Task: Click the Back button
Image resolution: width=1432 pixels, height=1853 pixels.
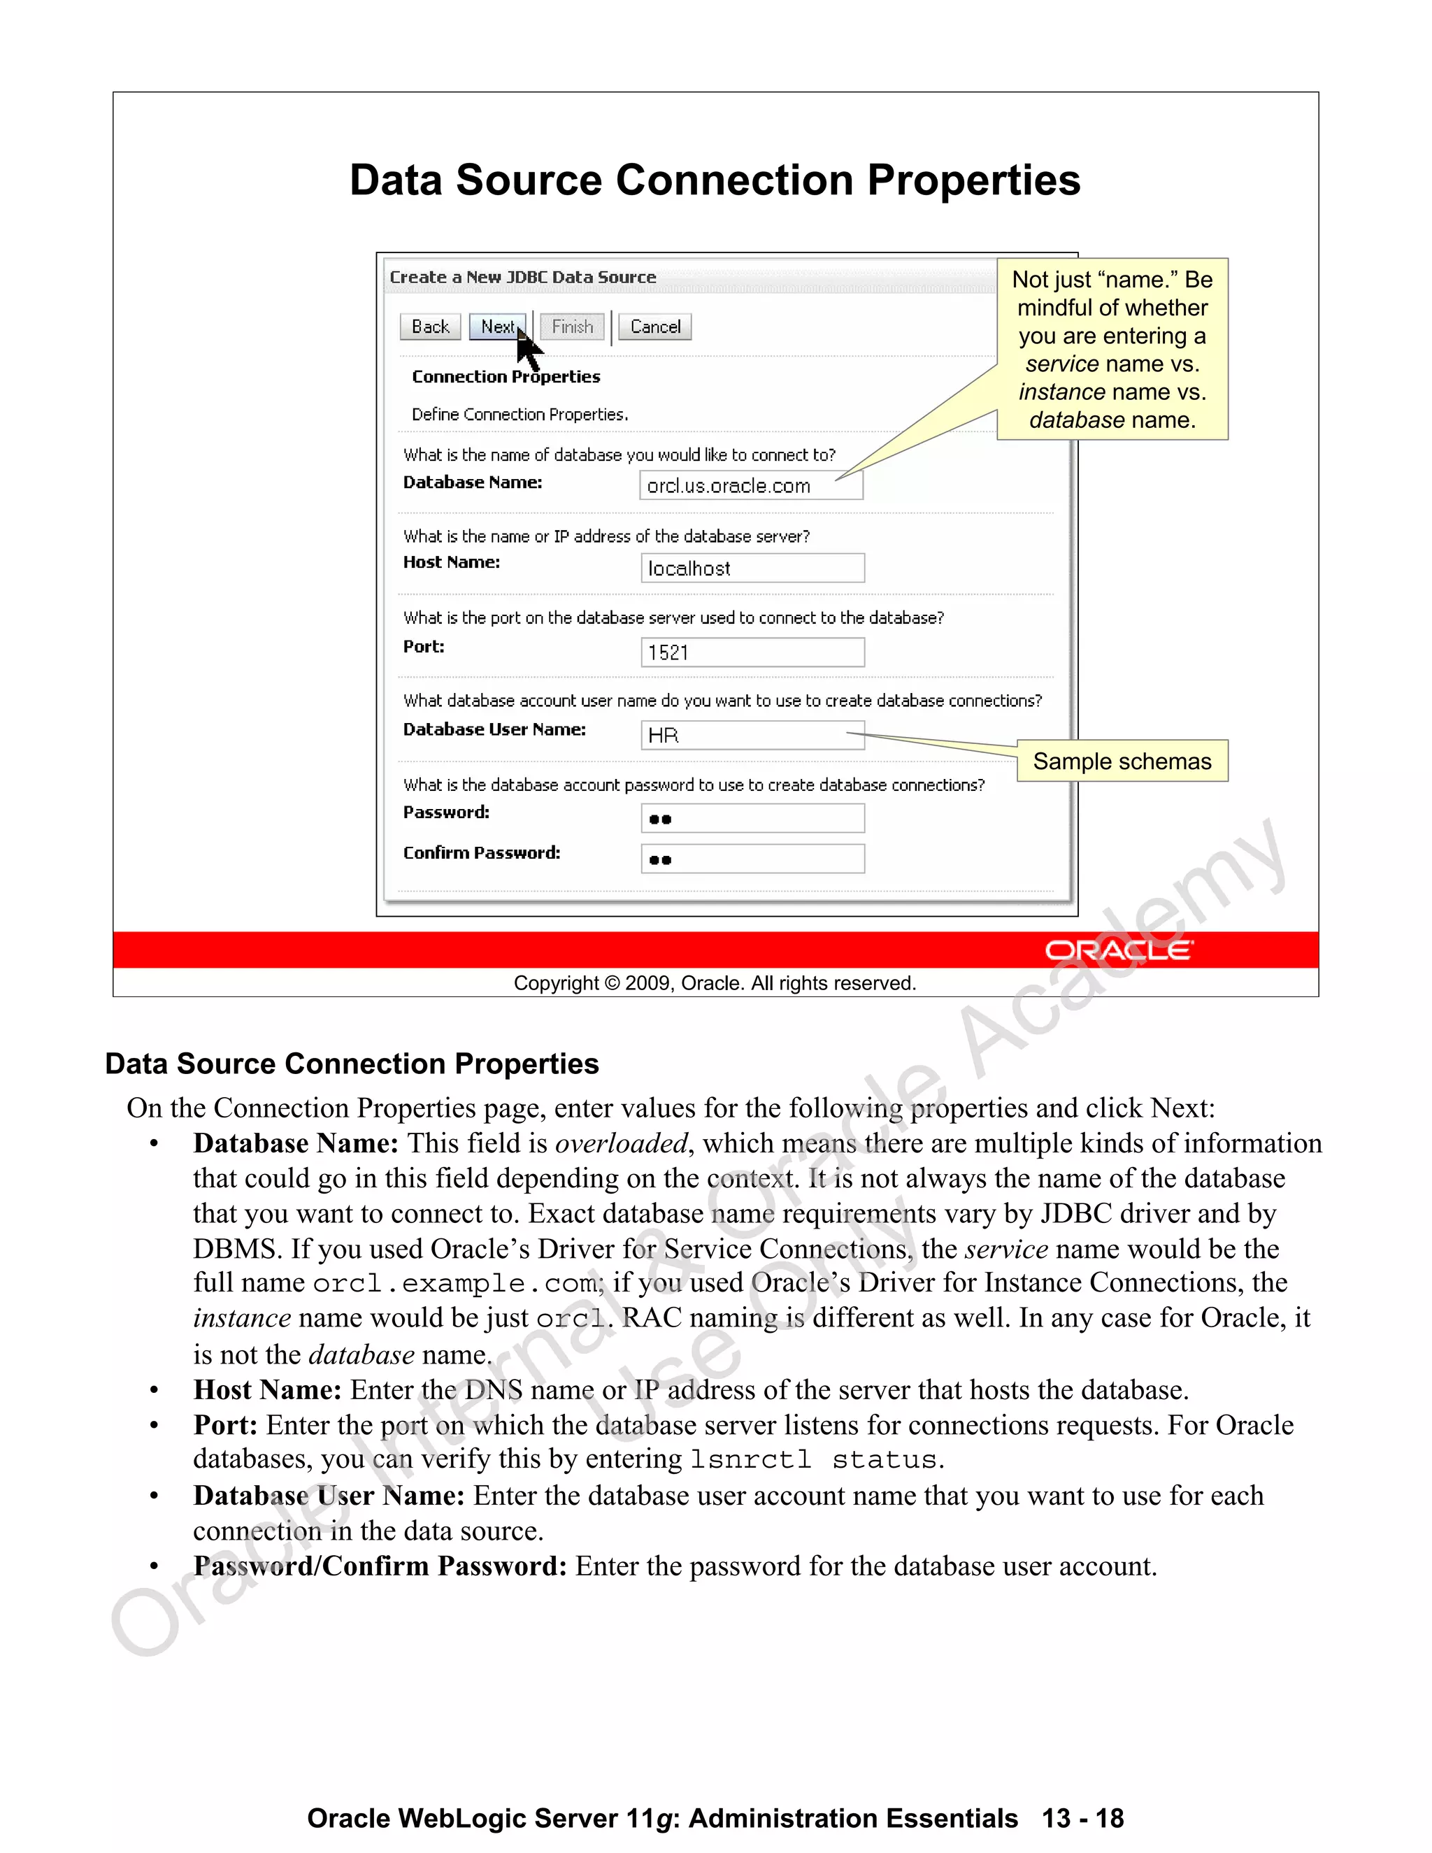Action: coord(430,327)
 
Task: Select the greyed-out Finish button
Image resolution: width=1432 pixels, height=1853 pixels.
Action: coord(573,327)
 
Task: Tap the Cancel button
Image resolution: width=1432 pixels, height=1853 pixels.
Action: coord(655,327)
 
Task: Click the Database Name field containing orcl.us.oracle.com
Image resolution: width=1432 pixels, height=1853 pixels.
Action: coord(751,485)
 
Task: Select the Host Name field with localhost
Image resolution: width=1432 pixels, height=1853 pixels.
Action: coord(752,568)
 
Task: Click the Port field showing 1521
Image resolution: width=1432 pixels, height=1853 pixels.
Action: coord(752,652)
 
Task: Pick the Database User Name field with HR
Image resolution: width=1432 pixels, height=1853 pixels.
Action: coord(752,736)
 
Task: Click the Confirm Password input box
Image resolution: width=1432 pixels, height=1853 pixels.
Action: coord(752,859)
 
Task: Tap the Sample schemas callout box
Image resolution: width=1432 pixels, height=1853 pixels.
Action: coord(1122,761)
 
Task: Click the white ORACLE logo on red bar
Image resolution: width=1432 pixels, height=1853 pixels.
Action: coord(1119,950)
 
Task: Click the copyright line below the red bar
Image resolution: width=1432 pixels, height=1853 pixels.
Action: coord(715,983)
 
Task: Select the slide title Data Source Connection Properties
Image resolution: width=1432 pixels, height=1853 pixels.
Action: coord(715,180)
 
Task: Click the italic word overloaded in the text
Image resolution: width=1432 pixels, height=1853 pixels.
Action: coord(621,1144)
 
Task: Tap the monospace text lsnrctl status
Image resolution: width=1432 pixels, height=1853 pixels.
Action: coord(814,1460)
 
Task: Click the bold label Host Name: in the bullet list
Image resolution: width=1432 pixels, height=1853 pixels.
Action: coord(267,1390)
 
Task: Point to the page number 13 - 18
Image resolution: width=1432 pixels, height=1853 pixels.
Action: coord(1082,1818)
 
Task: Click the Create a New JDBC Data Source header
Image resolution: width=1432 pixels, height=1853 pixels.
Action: coord(522,278)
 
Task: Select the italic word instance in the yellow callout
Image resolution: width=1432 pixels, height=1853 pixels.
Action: coord(1062,392)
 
